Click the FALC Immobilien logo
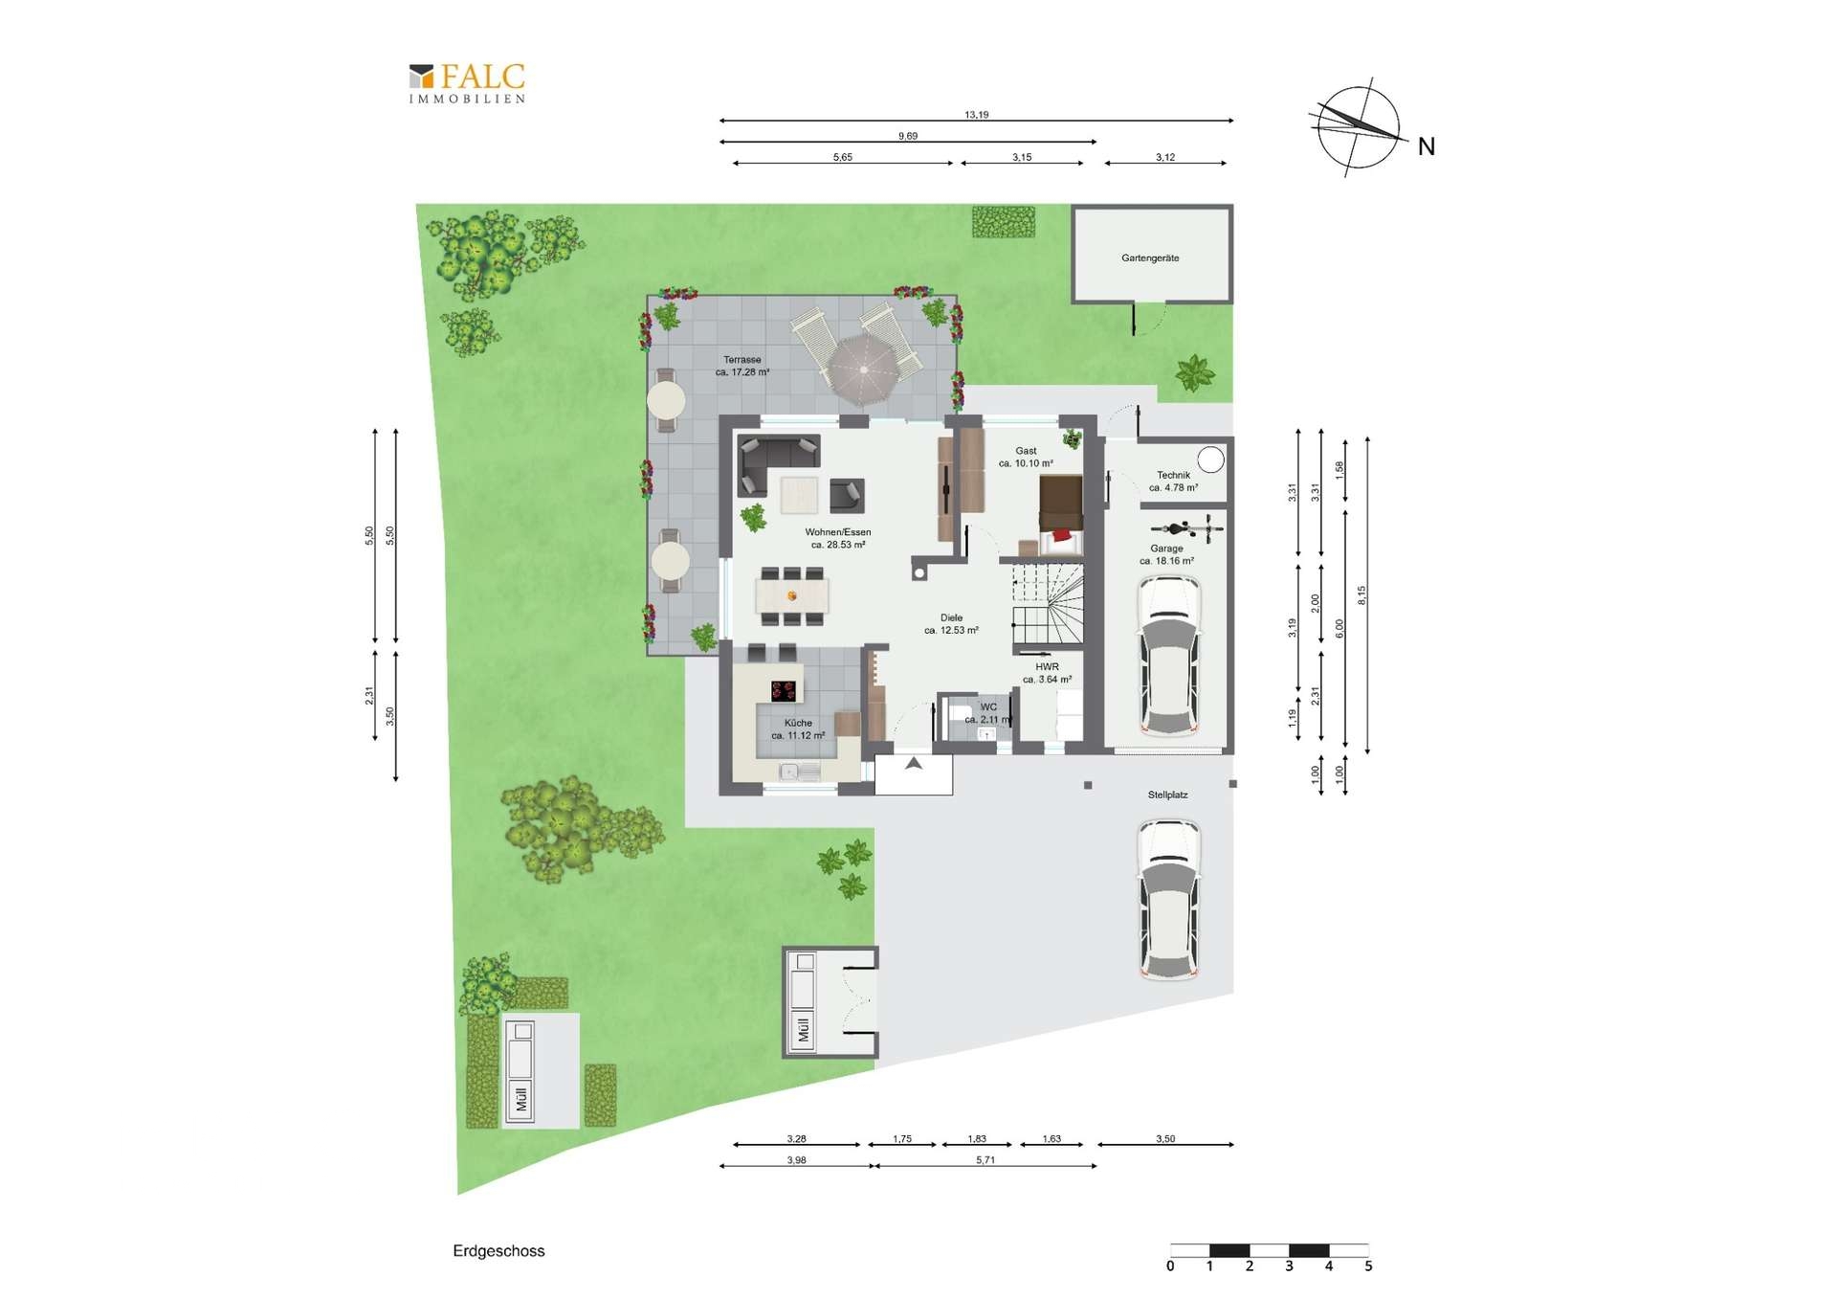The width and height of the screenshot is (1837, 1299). point(467,83)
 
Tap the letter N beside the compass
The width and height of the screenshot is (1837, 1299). point(1426,146)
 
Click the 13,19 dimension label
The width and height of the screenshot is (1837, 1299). point(976,115)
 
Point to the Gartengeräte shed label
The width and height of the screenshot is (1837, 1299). point(1150,258)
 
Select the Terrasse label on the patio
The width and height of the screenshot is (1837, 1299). point(742,360)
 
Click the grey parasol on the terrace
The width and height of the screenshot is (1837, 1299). point(864,369)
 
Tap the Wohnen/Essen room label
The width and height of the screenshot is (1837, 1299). point(838,532)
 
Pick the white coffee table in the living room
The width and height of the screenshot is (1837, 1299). point(799,495)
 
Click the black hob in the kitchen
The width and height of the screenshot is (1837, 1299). point(784,690)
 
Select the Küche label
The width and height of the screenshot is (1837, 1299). point(798,723)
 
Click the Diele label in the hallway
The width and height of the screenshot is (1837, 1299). point(951,617)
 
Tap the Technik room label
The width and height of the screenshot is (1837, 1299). point(1173,475)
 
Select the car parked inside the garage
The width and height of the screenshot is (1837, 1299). point(1168,656)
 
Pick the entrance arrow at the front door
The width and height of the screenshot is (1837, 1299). point(914,763)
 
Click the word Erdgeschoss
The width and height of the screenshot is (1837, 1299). point(498,1251)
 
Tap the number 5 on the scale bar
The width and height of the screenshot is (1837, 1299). point(1368,1265)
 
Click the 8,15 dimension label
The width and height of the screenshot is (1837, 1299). point(1361,594)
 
